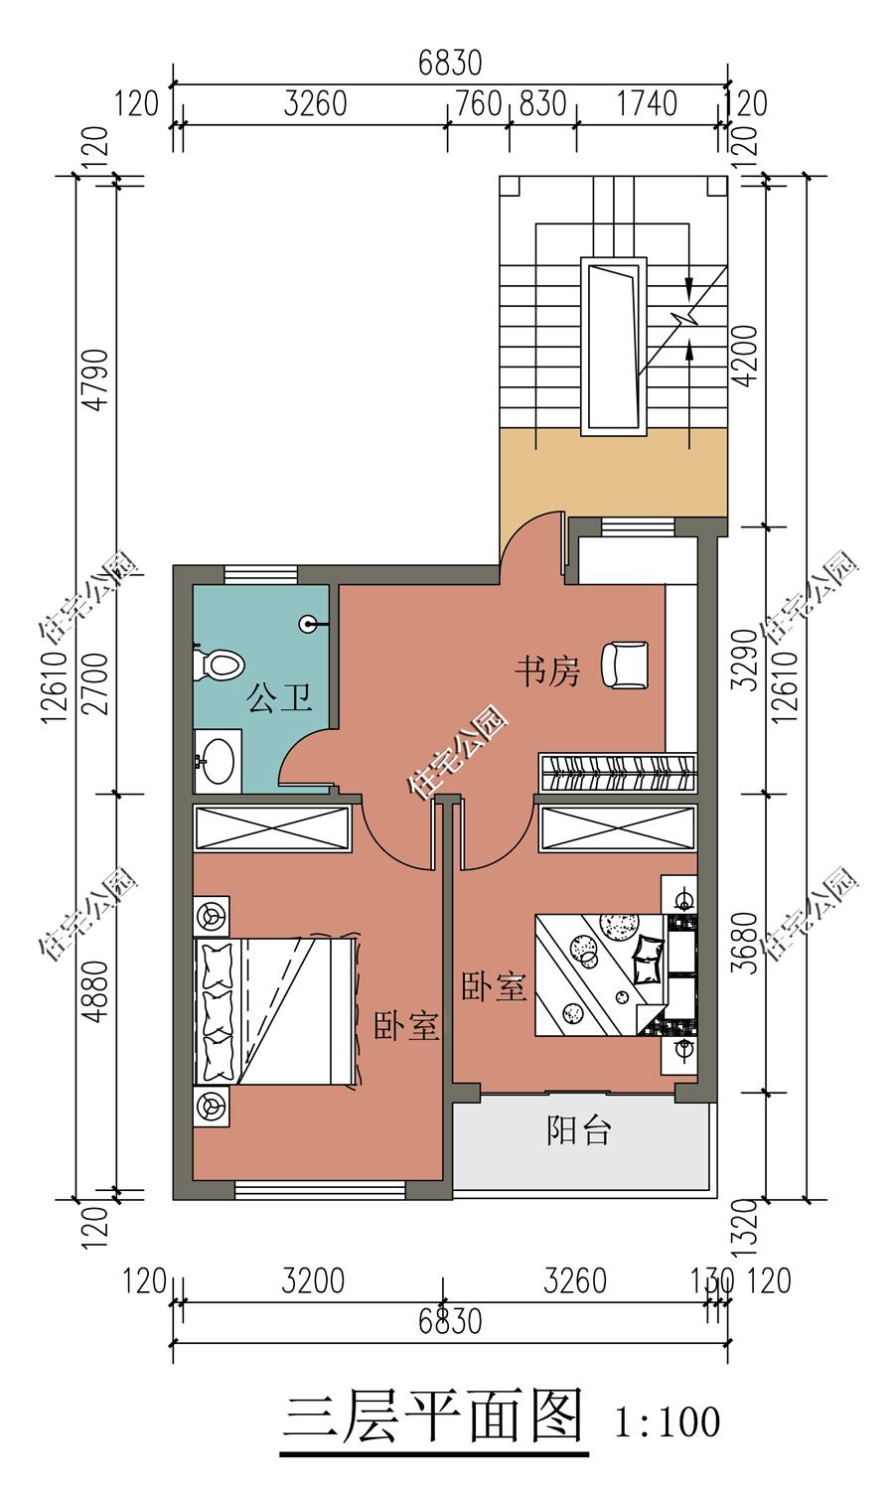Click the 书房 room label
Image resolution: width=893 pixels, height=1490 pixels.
click(x=547, y=671)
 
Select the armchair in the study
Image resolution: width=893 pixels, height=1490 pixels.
click(x=625, y=664)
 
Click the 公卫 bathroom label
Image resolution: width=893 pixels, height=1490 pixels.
click(x=280, y=697)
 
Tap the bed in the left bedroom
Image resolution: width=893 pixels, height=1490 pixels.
click(x=276, y=1011)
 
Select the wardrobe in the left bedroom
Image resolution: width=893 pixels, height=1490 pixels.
click(x=271, y=828)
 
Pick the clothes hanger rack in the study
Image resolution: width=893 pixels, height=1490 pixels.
click(x=617, y=773)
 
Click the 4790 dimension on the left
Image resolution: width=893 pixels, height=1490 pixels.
click(x=97, y=379)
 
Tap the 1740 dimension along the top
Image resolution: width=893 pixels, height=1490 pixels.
click(x=647, y=104)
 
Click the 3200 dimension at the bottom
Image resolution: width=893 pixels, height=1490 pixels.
click(x=313, y=1280)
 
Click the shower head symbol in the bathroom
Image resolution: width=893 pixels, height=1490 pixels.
click(x=309, y=625)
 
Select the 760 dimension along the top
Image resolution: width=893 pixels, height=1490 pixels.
click(x=478, y=104)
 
